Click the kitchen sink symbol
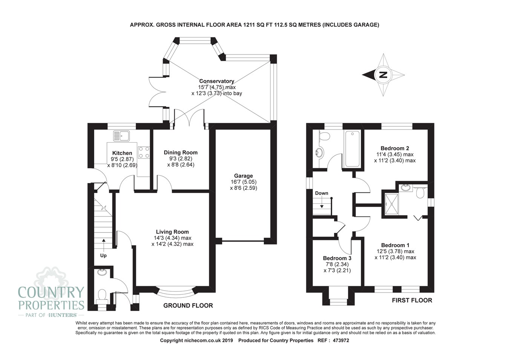tap(121, 136)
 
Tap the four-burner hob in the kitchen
tap(144, 152)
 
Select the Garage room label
tap(243, 176)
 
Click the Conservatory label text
tap(216, 81)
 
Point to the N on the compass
tap(383, 75)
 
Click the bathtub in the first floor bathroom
tap(353, 149)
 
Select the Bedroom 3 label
tap(337, 258)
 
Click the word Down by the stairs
tap(322, 193)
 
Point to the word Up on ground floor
tap(103, 255)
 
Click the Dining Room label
tap(181, 152)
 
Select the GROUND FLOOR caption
tap(188, 305)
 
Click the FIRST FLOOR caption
tap(412, 300)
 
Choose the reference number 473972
tap(341, 340)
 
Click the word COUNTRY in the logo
tap(51, 292)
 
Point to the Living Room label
tap(172, 232)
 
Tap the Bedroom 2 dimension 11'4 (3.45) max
tap(395, 154)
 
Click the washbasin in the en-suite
tap(406, 188)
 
